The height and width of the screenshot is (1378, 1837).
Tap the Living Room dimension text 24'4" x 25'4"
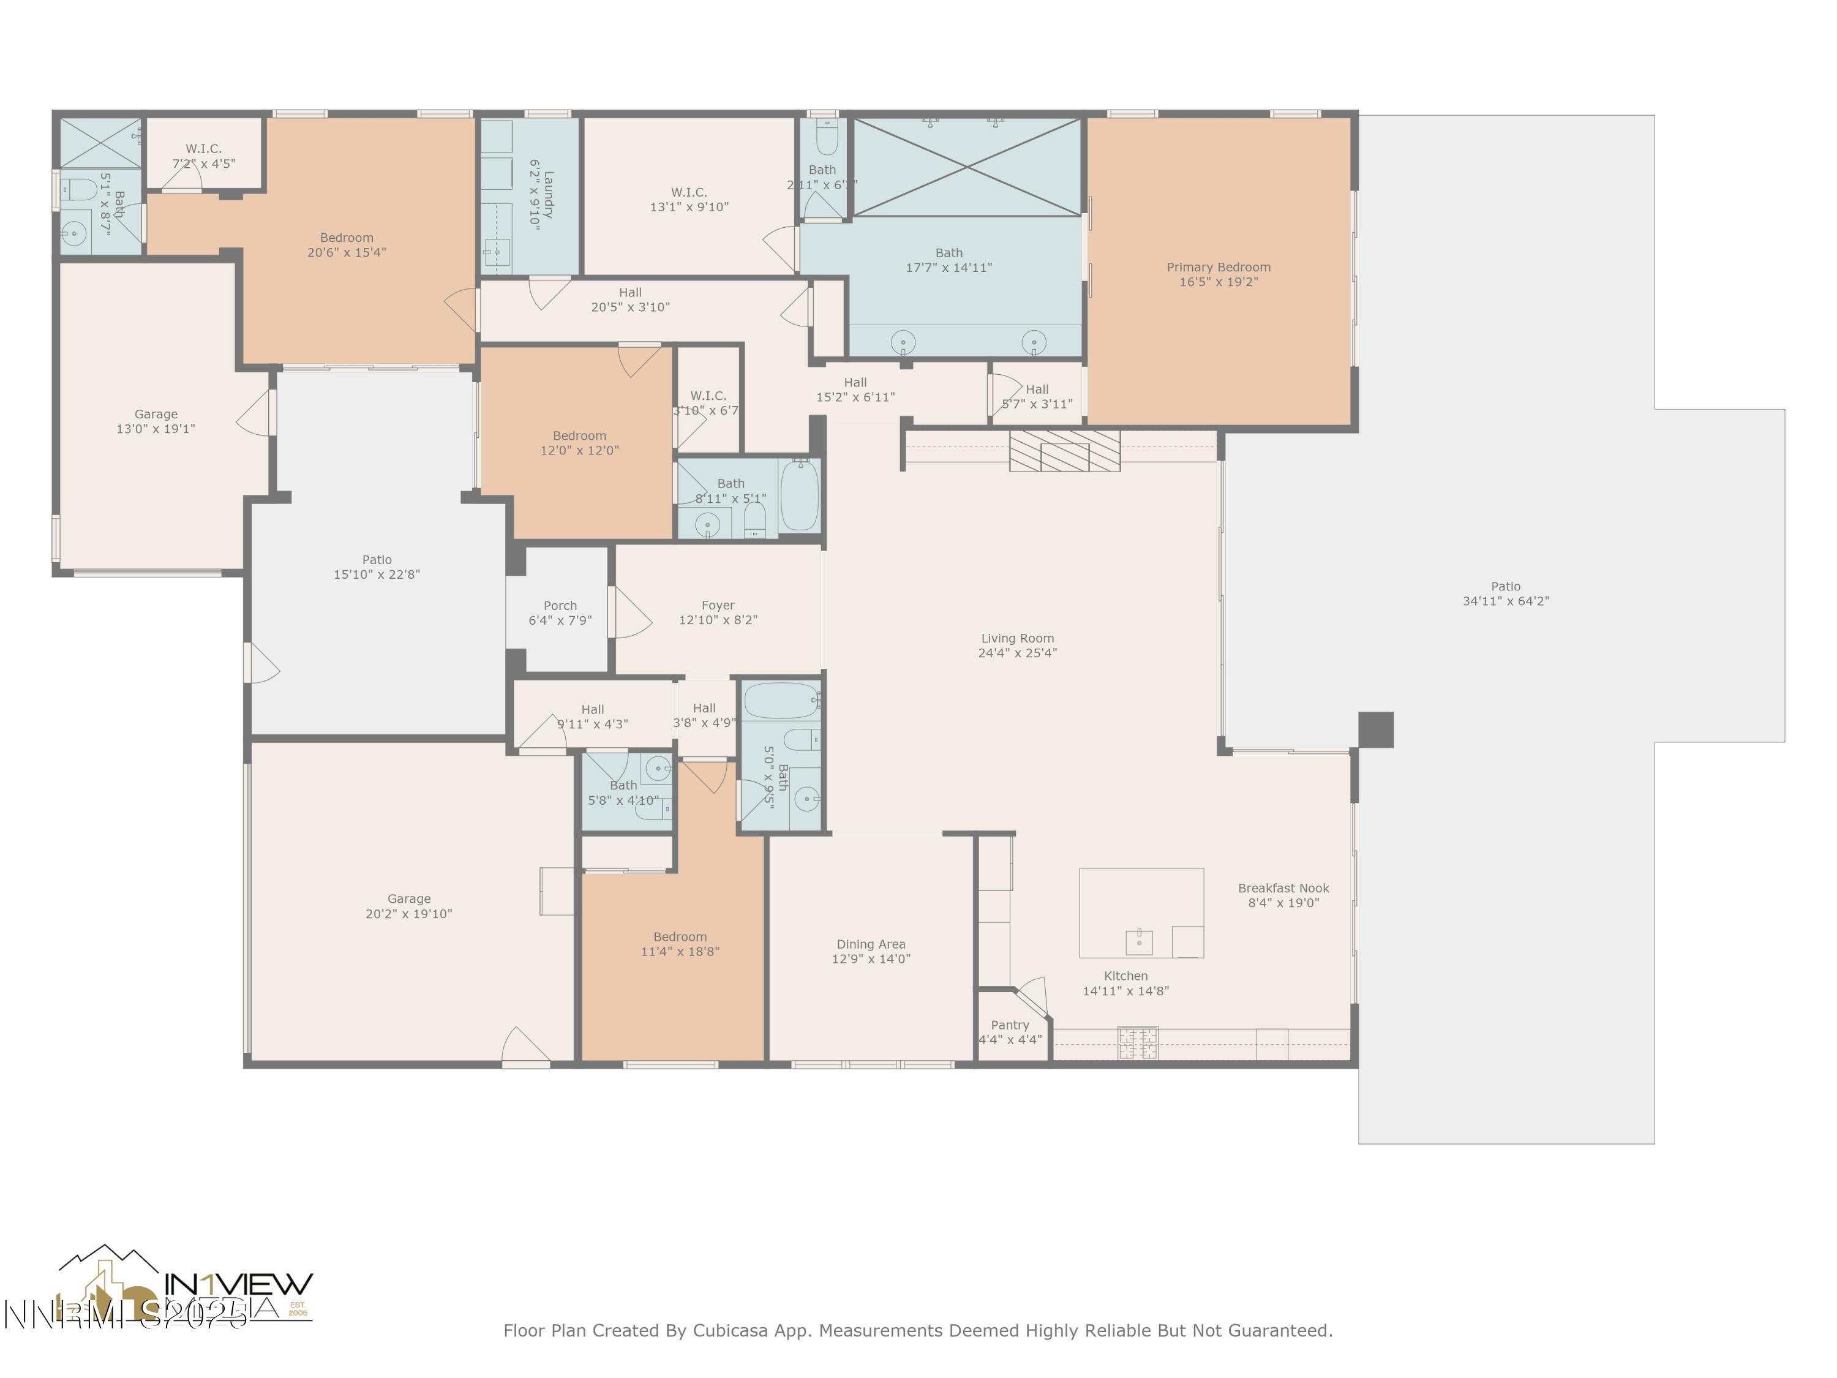1016,653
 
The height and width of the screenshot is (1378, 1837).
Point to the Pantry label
1009,1025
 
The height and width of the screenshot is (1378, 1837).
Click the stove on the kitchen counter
1137,1043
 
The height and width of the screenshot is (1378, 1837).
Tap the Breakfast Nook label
1282,888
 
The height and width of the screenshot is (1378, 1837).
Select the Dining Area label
870,944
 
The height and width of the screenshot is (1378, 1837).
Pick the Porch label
560,606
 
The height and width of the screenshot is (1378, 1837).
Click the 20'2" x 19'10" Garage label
408,898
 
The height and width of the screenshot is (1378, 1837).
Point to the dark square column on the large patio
1375,729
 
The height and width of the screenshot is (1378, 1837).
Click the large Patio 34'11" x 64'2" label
1505,587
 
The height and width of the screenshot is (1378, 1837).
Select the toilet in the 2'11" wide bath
825,138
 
